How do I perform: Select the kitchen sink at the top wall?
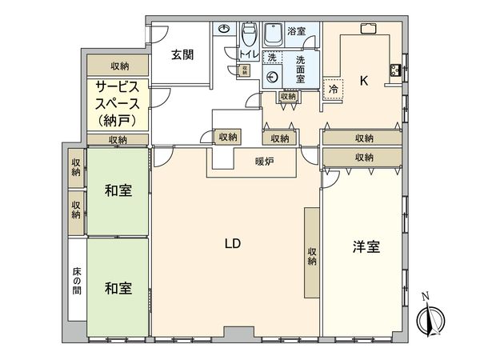(x=370, y=30)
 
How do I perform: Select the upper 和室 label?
(x=118, y=191)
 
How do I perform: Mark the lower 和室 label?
(x=118, y=287)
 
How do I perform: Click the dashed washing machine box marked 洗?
(x=272, y=58)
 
